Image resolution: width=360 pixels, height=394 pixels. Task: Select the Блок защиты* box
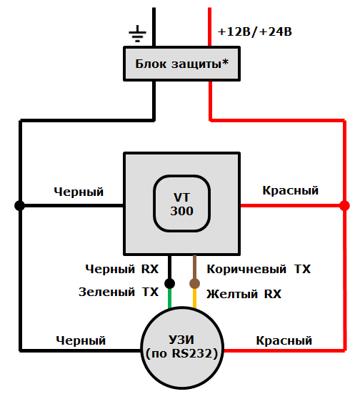point(181,64)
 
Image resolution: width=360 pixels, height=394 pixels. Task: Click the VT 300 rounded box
point(181,205)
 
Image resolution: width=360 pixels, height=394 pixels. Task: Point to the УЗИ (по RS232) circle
point(181,346)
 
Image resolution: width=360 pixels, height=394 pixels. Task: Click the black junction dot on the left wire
point(20,206)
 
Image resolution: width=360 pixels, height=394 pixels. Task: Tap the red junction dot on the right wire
point(341,206)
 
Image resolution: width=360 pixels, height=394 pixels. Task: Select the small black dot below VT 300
point(170,283)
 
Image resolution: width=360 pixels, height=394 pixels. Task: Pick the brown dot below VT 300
point(194,283)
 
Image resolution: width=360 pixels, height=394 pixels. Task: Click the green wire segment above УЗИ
point(170,299)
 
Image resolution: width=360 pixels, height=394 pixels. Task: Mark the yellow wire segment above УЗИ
point(194,299)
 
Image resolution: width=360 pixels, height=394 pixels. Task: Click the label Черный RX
point(121,270)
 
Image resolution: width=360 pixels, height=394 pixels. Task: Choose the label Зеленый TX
point(118,292)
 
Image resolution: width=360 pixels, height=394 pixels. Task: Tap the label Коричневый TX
point(259,270)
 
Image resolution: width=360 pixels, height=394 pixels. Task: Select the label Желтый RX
point(244,294)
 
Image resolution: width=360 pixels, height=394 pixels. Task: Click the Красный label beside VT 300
point(290,191)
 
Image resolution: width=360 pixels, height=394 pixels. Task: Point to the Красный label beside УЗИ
point(284,340)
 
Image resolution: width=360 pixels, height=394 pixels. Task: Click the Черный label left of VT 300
point(79,192)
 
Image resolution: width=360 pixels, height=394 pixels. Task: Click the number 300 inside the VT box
point(181,212)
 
